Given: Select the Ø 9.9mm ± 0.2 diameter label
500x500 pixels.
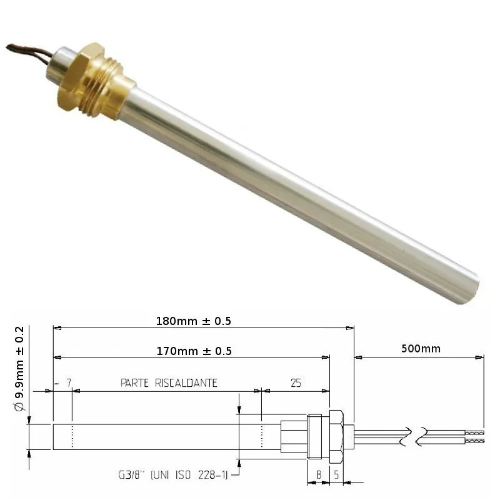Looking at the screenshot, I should pos(19,368).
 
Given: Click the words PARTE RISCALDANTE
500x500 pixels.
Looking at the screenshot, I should pos(169,383).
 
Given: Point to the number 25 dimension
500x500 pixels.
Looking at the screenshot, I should pos(296,383).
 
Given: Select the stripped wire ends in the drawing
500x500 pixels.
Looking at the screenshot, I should pos(475,436).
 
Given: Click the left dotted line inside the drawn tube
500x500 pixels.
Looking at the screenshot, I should pos(72,436).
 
